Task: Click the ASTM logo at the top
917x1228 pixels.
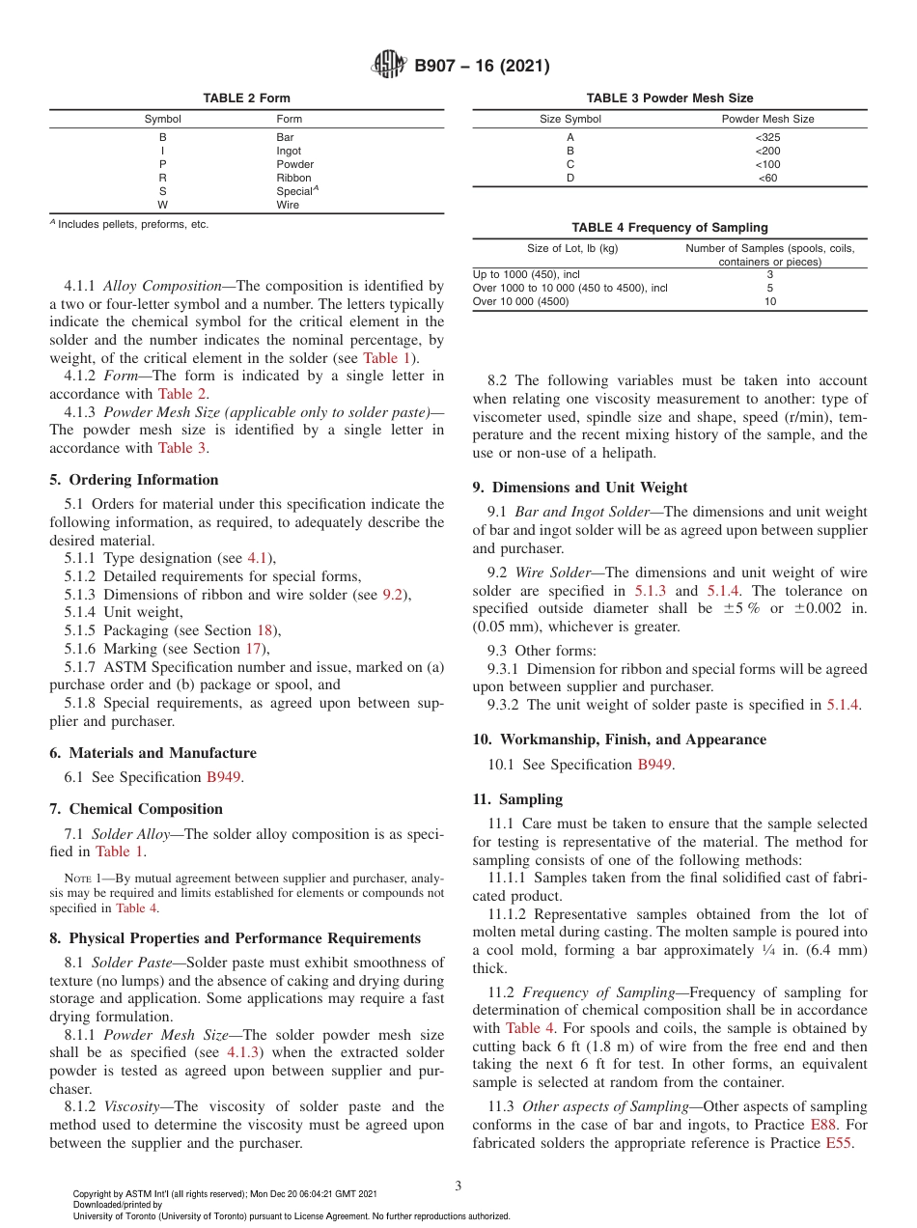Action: tap(389, 66)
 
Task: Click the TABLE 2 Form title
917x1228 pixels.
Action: tap(246, 98)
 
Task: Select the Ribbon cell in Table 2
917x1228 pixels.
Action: tap(293, 178)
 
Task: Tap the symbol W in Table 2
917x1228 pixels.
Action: tap(162, 205)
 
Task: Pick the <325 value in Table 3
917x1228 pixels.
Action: tap(767, 137)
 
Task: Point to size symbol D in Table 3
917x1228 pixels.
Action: tap(570, 178)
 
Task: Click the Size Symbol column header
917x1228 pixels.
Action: tap(570, 119)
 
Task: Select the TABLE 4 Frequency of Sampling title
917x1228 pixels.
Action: tap(669, 228)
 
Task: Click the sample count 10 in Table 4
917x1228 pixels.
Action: tap(769, 301)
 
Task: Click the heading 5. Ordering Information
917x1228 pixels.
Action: tap(134, 480)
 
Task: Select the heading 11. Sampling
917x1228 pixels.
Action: tap(517, 799)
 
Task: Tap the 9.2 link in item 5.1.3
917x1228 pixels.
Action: tap(392, 595)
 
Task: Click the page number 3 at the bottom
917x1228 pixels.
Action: tap(458, 1186)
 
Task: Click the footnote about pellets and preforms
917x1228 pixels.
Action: tap(129, 224)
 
